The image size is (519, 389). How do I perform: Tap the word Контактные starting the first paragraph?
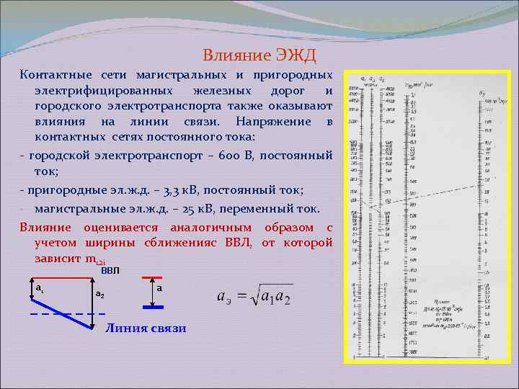pyautogui.click(x=55, y=75)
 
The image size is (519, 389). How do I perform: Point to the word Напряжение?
pyautogui.click(x=276, y=122)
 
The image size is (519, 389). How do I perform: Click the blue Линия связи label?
pyautogui.click(x=146, y=328)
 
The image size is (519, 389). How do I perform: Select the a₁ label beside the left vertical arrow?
pyautogui.click(x=40, y=287)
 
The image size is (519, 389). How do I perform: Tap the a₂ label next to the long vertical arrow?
pyautogui.click(x=99, y=295)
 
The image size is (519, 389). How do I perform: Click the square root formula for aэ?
pyautogui.click(x=254, y=298)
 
